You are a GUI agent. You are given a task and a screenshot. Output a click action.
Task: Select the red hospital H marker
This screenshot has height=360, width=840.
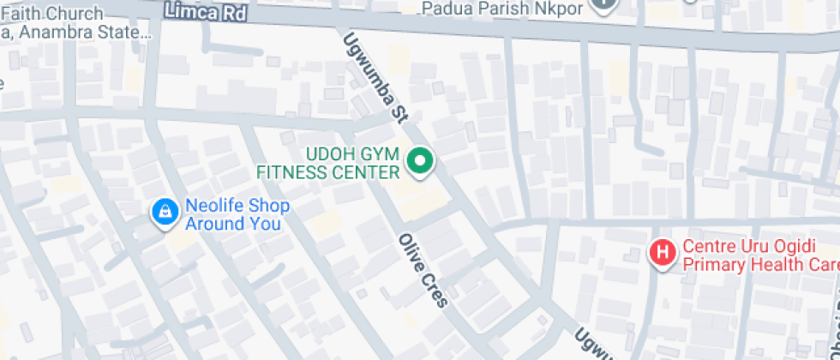click(662, 252)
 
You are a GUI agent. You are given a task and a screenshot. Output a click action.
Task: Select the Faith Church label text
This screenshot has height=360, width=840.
click(51, 14)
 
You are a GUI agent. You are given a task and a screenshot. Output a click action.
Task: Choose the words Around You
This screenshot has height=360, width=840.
click(233, 225)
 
